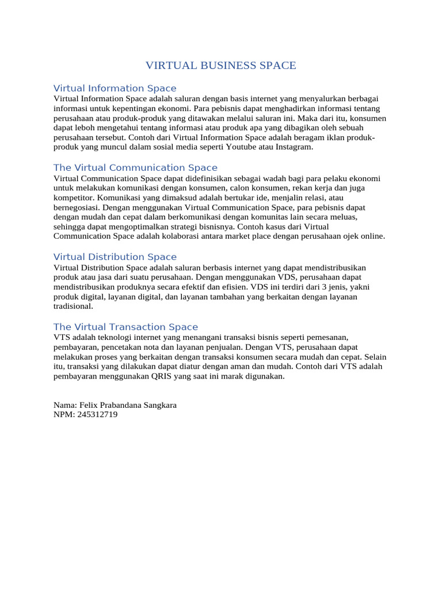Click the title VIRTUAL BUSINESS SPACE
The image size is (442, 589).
click(x=221, y=65)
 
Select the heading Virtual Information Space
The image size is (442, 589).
click(x=115, y=88)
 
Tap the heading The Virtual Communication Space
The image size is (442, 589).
click(x=135, y=167)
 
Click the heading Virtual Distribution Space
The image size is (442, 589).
click(x=115, y=257)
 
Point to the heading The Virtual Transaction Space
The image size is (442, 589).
click(x=125, y=327)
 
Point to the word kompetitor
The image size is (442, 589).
click(x=74, y=197)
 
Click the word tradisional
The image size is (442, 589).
click(x=72, y=306)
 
